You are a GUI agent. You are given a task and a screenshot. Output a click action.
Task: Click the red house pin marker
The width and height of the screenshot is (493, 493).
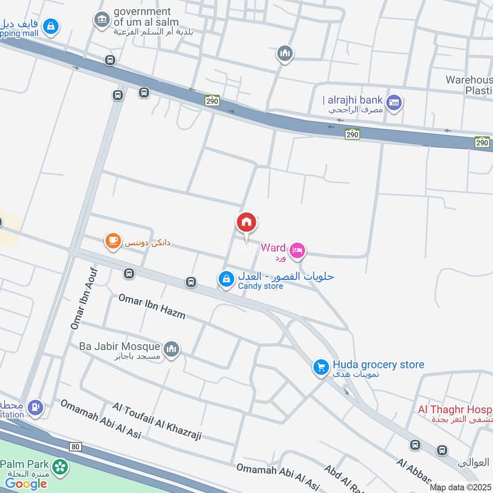tap(246, 223)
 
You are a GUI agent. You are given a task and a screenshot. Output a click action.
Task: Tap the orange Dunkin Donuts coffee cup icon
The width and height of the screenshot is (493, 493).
tap(112, 242)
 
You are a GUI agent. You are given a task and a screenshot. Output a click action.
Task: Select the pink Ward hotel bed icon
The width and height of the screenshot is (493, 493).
tap(297, 250)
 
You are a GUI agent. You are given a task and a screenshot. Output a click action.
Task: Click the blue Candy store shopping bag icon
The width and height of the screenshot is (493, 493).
tap(226, 279)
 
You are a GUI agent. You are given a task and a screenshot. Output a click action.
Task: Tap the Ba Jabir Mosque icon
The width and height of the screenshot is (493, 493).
tap(172, 349)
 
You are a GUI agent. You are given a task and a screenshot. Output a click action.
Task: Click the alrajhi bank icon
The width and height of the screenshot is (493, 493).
tap(395, 102)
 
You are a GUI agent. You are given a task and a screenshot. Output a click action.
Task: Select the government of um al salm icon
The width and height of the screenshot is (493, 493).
tap(101, 21)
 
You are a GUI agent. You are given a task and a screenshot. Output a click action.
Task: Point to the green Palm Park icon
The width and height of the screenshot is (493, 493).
tap(60, 467)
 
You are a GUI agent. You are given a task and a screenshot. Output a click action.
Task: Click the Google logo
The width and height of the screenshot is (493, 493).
tap(26, 483)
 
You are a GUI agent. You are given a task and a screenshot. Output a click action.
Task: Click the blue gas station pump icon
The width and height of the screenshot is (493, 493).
tap(37, 407)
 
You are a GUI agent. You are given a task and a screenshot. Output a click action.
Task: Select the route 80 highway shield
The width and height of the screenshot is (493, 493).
tap(76, 446)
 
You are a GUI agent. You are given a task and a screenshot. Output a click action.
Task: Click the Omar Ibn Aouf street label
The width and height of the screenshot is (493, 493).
tap(84, 298)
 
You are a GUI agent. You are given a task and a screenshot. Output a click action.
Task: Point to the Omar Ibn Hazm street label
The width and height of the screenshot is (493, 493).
tap(152, 306)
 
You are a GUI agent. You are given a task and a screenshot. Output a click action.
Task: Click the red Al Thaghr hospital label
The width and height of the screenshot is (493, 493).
tap(454, 409)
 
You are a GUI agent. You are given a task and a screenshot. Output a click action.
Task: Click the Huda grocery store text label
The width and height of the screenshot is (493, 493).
tap(378, 365)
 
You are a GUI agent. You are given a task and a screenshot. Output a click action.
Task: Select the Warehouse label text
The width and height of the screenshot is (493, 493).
tap(469, 80)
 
